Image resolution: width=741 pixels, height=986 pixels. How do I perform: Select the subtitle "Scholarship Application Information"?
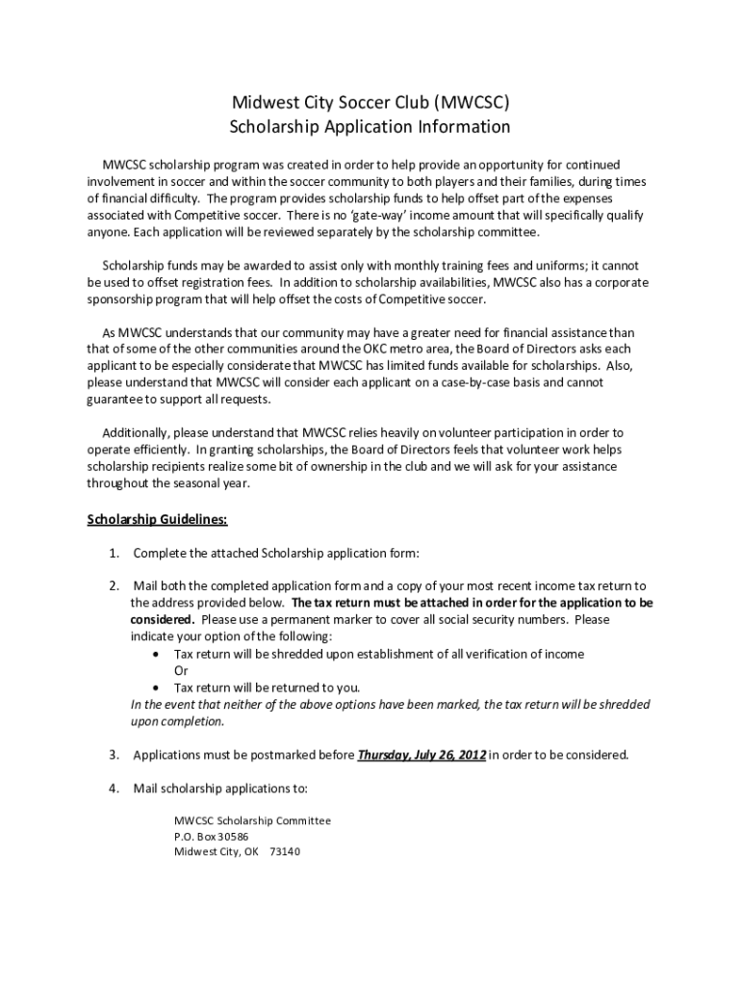(370, 127)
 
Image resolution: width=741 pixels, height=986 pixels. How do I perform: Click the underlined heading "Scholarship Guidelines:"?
(157, 520)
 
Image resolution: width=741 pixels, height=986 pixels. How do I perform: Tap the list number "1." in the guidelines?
(114, 553)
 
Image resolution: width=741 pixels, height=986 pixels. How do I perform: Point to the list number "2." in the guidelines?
(114, 585)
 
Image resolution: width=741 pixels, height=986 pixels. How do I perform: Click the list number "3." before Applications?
(114, 755)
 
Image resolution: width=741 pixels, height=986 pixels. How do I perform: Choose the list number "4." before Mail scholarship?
(114, 789)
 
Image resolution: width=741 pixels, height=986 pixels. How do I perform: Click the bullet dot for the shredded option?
(157, 654)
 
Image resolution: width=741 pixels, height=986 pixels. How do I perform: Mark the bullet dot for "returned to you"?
(157, 688)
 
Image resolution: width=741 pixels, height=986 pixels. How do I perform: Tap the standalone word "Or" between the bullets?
(181, 670)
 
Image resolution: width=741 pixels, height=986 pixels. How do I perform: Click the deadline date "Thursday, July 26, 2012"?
(422, 755)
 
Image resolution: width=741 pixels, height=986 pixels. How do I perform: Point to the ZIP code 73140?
(285, 852)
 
